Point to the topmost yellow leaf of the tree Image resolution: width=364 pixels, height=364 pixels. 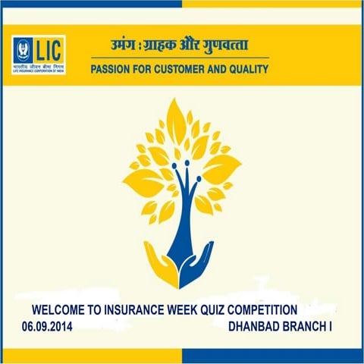pos(177,114)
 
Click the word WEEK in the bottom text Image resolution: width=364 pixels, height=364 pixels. pos(189,310)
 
